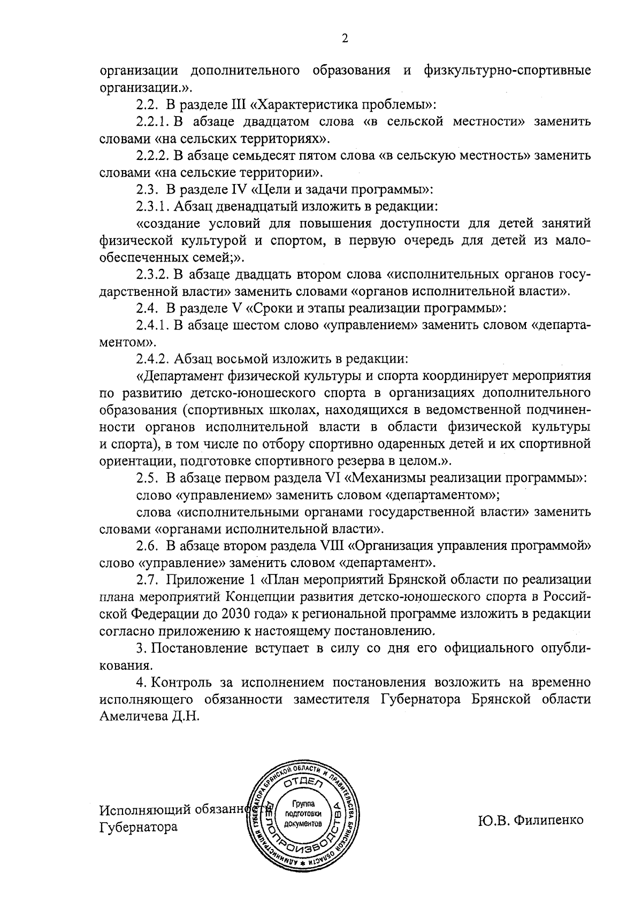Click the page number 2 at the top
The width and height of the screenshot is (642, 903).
[345, 39]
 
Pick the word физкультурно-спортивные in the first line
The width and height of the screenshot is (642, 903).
[506, 70]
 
